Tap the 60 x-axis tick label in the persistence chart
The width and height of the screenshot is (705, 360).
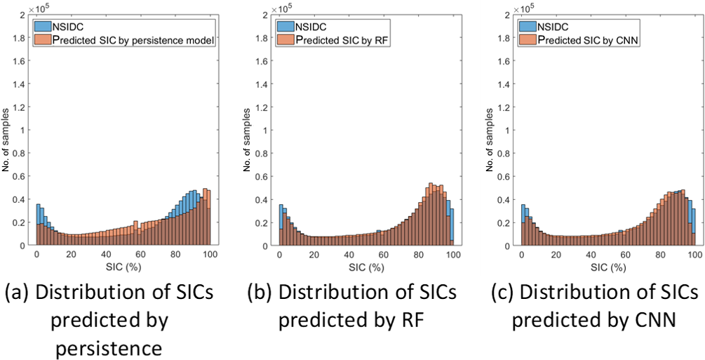(x=140, y=256)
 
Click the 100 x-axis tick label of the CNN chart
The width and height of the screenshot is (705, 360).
(x=695, y=256)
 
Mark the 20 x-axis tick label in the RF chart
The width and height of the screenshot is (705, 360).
(x=314, y=256)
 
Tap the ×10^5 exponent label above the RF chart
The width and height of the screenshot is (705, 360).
(x=287, y=9)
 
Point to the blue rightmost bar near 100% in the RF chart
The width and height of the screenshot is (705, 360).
(x=452, y=226)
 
